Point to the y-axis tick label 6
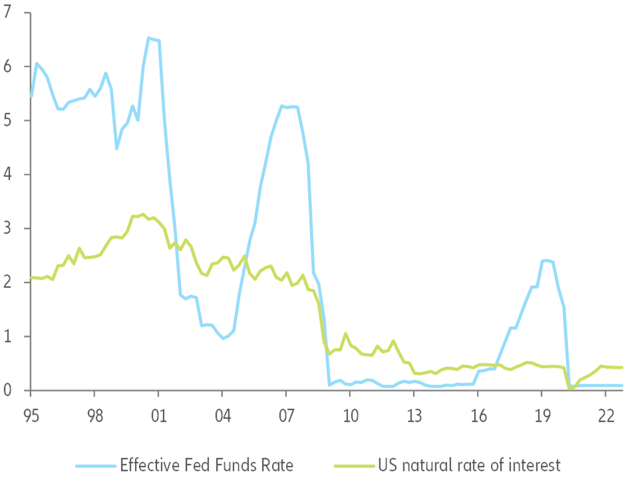(x=8, y=66)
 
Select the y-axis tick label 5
(x=8, y=120)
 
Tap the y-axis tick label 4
(x=8, y=174)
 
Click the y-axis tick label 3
(x=8, y=228)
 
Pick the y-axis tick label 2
(x=8, y=282)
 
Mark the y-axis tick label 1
(x=8, y=336)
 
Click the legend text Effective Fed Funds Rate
(x=206, y=464)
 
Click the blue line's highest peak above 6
(x=148, y=38)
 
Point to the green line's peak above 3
(x=143, y=214)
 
